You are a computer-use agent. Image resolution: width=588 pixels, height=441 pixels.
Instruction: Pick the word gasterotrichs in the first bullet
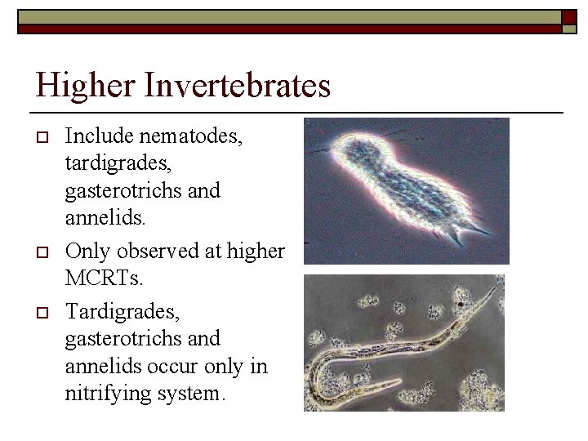119,192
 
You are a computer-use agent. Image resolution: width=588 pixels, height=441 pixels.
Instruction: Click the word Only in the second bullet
88,251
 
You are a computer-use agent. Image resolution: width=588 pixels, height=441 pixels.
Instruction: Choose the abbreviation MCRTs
103,278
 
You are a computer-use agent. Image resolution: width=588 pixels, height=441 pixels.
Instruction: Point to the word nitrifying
104,394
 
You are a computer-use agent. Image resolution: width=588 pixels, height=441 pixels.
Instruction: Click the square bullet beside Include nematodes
43,136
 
